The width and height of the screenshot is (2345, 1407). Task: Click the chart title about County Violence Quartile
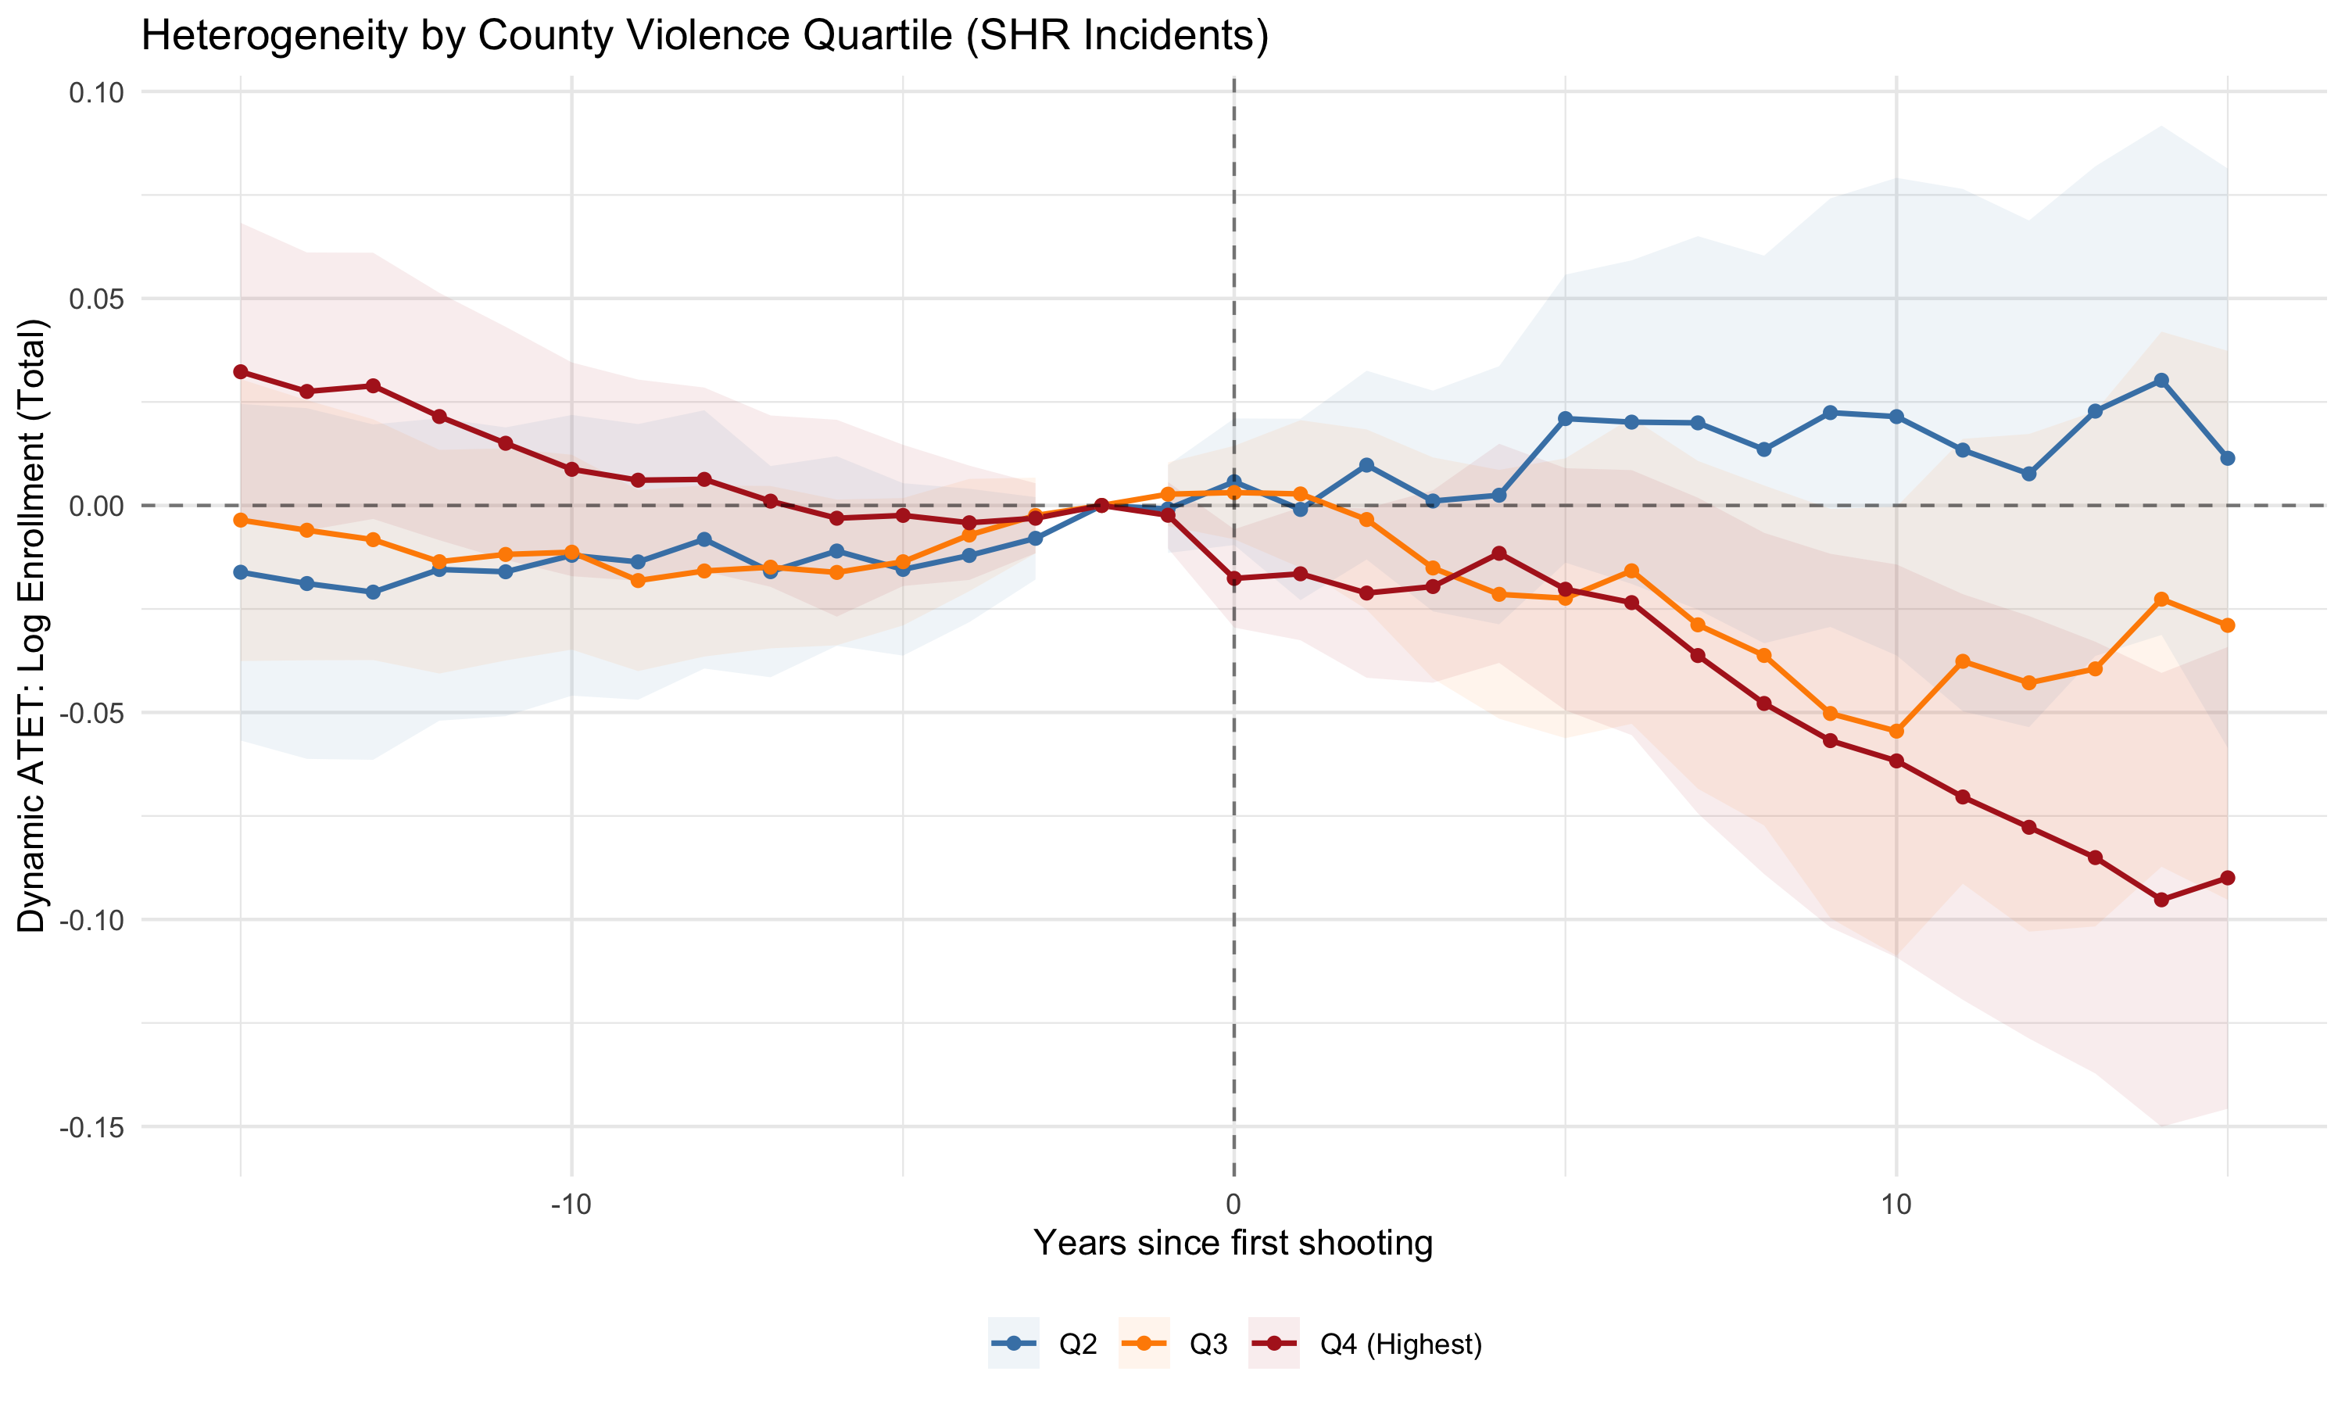(x=704, y=36)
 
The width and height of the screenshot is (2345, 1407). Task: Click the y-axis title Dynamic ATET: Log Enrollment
(x=32, y=626)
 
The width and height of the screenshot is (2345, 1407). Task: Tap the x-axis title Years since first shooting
(x=1232, y=1243)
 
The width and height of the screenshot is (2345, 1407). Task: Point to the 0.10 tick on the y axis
(x=97, y=93)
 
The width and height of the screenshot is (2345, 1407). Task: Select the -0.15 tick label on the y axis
(x=92, y=1127)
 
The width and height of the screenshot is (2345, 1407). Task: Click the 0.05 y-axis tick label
(x=97, y=299)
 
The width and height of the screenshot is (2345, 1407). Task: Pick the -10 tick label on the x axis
(x=571, y=1205)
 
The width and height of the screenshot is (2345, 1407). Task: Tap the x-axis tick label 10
(x=1895, y=1205)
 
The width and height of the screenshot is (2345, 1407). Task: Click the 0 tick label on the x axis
(x=1233, y=1205)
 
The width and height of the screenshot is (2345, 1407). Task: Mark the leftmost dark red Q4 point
(x=241, y=371)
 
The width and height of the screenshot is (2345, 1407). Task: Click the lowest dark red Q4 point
(x=2161, y=900)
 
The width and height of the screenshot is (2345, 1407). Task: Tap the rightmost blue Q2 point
(x=2228, y=458)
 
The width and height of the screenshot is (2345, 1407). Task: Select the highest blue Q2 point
(x=2161, y=380)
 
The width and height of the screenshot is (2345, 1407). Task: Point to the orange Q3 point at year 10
(x=1896, y=731)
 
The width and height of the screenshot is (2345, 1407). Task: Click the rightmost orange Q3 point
(x=2228, y=626)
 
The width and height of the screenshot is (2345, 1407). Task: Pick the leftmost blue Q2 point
(x=241, y=573)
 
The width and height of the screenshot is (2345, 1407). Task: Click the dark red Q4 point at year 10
(x=1896, y=761)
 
